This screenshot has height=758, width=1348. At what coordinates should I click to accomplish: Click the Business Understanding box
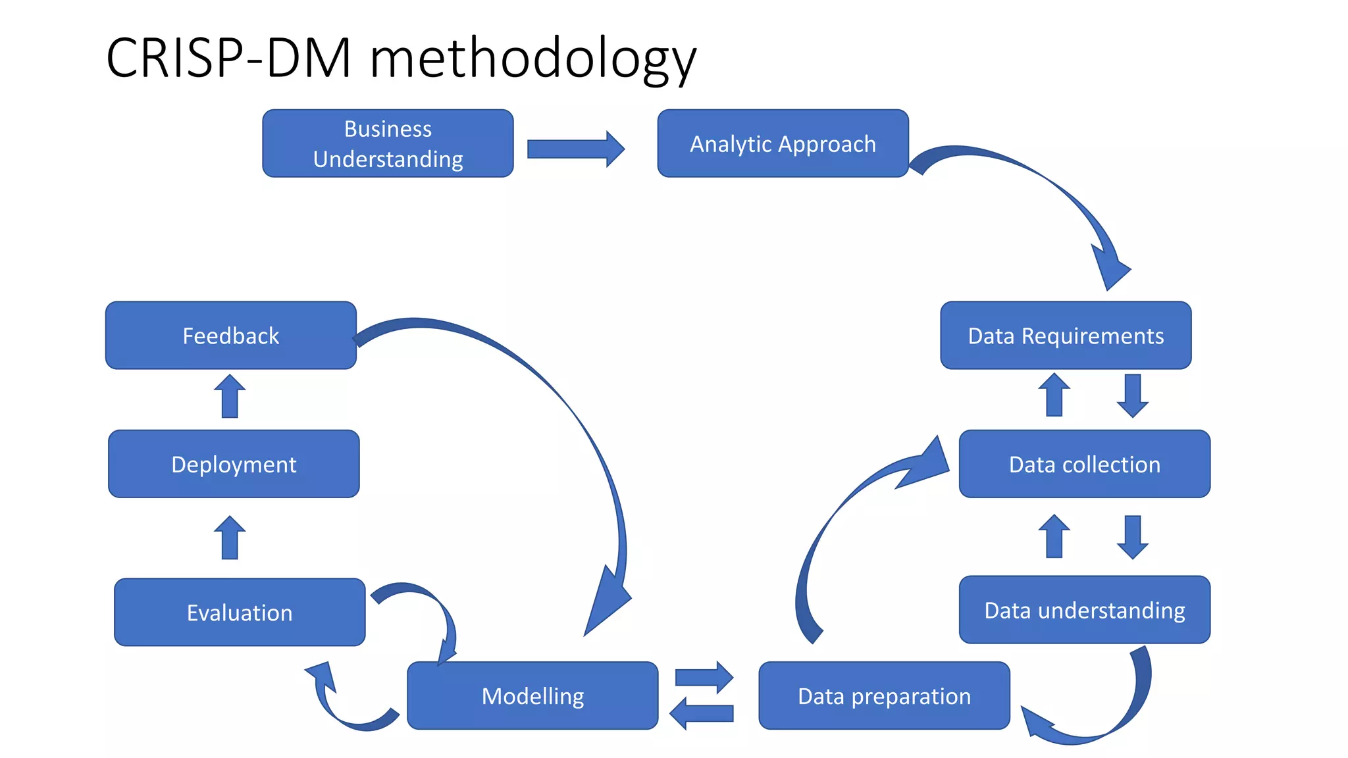388,143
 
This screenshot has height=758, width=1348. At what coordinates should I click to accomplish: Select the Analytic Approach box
783,143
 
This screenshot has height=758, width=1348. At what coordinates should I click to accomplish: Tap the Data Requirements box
1066,336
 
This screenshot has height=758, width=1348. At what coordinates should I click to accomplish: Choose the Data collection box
1084,464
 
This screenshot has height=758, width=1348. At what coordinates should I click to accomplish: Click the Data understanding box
1084,610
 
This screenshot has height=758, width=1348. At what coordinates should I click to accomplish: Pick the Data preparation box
884,695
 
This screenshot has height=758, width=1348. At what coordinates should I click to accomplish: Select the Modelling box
532,695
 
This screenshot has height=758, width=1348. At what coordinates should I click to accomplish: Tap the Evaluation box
240,613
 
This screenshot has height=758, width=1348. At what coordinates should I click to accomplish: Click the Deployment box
234,464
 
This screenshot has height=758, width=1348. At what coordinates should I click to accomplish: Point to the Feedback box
231,336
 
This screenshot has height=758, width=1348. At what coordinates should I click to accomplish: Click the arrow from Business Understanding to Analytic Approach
575,149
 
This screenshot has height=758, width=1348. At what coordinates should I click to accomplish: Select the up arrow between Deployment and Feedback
230,396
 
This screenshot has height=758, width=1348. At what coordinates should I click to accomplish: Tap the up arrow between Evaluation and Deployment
230,538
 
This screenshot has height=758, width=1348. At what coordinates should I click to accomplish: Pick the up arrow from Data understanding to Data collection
1054,536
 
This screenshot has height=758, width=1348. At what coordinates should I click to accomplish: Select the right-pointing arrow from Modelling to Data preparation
704,677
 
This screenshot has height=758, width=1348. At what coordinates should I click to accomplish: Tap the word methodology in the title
533,59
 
